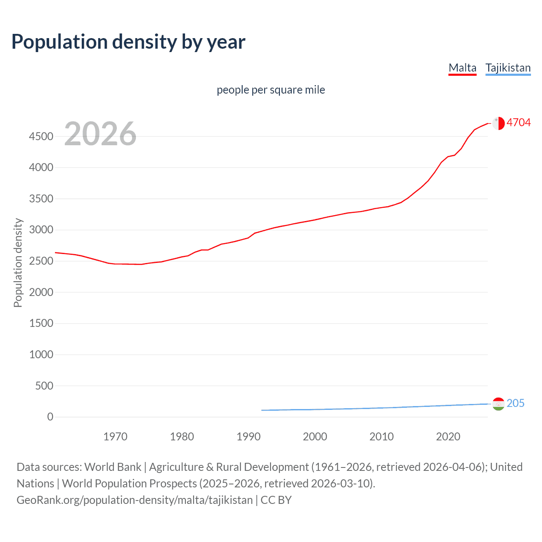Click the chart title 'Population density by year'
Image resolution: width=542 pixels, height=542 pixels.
click(x=128, y=42)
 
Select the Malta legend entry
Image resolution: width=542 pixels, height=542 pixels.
click(x=462, y=68)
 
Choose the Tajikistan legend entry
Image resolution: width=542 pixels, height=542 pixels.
click(x=508, y=68)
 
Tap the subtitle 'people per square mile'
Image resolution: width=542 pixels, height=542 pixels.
click(x=271, y=90)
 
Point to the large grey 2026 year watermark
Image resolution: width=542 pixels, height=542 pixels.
click(x=100, y=134)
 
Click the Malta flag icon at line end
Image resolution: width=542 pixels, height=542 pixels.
click(x=498, y=123)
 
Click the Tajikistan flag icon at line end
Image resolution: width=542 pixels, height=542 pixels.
click(x=498, y=404)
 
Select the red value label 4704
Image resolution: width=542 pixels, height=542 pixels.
click(x=518, y=122)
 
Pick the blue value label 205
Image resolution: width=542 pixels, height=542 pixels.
click(x=515, y=403)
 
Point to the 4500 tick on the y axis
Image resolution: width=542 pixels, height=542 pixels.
click(x=41, y=136)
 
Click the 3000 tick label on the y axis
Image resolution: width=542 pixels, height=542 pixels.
click(x=41, y=230)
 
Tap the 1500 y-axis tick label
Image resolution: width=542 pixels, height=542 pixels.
click(x=41, y=324)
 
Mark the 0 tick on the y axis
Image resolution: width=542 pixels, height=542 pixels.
click(x=50, y=417)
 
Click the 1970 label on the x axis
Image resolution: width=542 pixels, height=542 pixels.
click(x=115, y=437)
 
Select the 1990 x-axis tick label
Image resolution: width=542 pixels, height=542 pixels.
click(x=249, y=437)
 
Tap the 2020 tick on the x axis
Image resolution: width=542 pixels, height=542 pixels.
click(x=448, y=437)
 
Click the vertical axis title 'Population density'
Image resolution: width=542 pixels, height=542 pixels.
click(x=18, y=263)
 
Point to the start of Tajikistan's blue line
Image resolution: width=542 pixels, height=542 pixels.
click(x=262, y=410)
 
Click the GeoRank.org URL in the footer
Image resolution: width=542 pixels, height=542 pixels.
click(x=135, y=500)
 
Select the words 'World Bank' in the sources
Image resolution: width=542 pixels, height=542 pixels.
click(x=113, y=467)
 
